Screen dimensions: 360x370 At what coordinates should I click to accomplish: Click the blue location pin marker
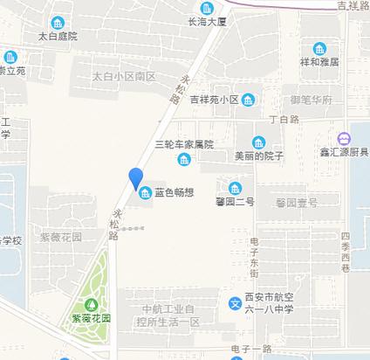(136, 178)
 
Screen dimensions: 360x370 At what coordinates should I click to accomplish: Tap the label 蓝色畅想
(175, 193)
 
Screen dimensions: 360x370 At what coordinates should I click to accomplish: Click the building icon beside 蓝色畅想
(145, 192)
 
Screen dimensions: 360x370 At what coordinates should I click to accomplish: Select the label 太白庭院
(58, 38)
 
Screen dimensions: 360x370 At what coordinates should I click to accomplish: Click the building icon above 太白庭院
(58, 22)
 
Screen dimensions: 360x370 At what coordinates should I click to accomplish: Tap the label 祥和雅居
(319, 63)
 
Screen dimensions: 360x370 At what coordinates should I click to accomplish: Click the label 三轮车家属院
(183, 144)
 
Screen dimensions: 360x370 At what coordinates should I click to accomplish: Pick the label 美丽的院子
(259, 157)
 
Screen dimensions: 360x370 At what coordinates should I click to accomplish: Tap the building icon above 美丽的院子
(259, 142)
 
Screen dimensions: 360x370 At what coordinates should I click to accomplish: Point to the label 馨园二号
(235, 203)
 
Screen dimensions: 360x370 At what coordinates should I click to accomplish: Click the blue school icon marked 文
(235, 304)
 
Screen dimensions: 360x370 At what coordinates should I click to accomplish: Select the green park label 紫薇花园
(93, 319)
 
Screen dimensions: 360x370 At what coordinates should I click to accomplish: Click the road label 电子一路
(252, 350)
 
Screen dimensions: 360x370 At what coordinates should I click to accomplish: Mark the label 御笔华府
(312, 100)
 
